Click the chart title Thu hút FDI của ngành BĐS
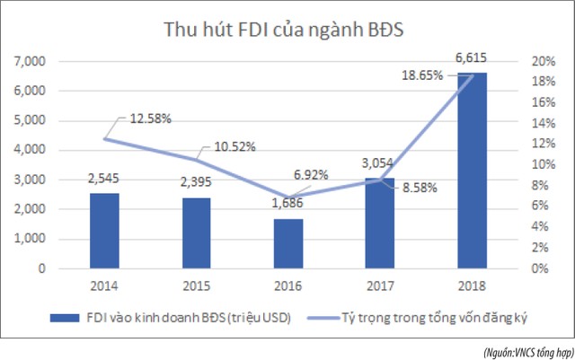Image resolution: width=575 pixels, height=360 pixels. point(283,29)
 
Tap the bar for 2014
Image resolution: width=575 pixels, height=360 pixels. point(104,231)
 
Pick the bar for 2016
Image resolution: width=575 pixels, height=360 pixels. point(287,243)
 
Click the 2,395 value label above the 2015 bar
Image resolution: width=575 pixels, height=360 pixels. point(196,185)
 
